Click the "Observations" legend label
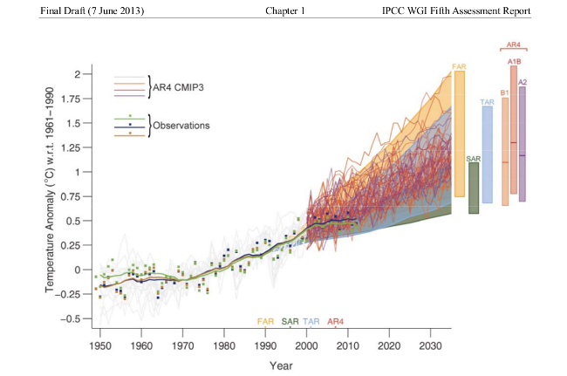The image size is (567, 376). [181, 126]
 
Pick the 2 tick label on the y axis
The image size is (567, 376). [79, 74]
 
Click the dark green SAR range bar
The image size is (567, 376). [474, 188]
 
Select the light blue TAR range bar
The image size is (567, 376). [488, 155]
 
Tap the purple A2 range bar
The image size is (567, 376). [522, 144]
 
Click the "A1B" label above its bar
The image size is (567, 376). [514, 61]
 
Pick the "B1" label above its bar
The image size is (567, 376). [504, 92]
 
